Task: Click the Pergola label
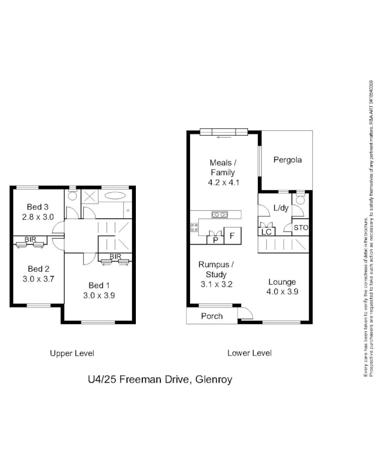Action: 287,160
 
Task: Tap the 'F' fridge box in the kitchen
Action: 232,236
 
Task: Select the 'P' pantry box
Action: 215,240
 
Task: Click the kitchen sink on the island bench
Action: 219,214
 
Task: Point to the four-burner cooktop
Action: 194,227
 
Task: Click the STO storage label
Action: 301,228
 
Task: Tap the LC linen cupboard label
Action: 266,232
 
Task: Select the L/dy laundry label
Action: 280,208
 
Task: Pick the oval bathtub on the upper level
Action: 115,195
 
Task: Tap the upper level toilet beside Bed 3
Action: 72,196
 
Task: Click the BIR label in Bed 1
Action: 116,256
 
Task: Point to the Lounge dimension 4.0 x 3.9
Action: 282,291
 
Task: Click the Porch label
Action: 212,316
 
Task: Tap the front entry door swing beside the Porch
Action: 245,313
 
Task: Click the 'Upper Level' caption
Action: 72,353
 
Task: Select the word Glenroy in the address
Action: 214,379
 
